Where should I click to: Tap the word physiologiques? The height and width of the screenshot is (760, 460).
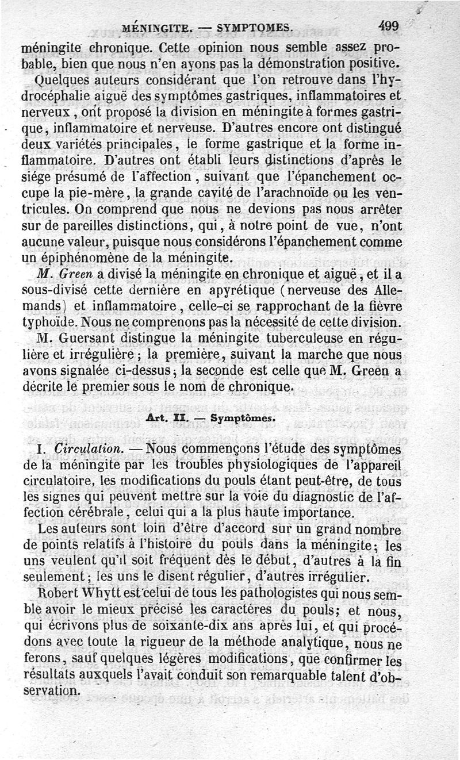coord(283,464)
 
